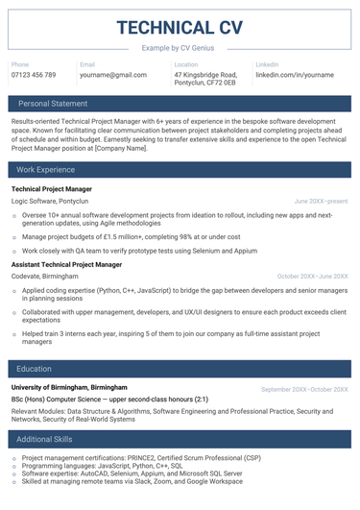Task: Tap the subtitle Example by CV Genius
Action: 180,47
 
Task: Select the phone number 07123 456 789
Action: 34,75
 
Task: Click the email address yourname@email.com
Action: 112,75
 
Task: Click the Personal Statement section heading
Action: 53,103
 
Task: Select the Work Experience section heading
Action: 46,170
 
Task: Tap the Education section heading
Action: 35,369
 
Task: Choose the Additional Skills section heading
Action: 44,439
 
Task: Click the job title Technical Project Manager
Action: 52,189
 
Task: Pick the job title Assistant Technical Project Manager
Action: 67,264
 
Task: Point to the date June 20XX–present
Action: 321,202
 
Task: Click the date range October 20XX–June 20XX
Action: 312,277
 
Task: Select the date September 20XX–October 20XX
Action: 304,389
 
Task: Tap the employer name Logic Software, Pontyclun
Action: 50,202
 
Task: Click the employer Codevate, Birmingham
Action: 45,277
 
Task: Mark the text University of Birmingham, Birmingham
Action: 69,388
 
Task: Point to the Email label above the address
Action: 87,64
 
